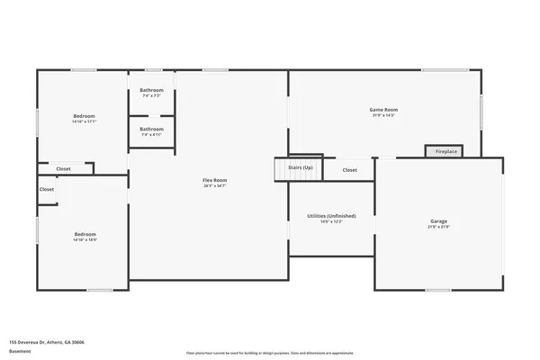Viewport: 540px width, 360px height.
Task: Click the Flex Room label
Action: (x=214, y=180)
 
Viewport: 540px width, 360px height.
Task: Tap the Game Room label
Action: (x=384, y=110)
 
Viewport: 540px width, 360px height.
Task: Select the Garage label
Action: (x=438, y=220)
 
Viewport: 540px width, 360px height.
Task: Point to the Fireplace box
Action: (x=445, y=151)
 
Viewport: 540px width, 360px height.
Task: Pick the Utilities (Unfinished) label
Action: (x=332, y=216)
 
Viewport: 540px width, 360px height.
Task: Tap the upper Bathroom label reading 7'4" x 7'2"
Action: (x=151, y=90)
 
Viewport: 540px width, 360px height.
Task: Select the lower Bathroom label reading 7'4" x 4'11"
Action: (x=151, y=129)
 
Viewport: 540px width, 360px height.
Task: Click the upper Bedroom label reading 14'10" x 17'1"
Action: (x=84, y=115)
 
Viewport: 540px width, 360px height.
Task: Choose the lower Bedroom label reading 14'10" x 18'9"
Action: (x=85, y=234)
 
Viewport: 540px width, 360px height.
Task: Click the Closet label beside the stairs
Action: (x=349, y=169)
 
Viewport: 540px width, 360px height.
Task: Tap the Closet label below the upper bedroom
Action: (x=64, y=168)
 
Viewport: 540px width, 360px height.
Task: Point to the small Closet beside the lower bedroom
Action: (x=47, y=189)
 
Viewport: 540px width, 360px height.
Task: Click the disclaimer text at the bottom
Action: (x=270, y=353)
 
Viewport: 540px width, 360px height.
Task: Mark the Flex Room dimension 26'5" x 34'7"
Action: (x=214, y=185)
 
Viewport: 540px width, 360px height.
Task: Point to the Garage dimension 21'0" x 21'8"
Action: (x=438, y=226)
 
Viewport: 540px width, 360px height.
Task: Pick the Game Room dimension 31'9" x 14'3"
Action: (x=384, y=115)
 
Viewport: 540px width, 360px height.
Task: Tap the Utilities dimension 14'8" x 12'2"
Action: (x=332, y=221)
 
